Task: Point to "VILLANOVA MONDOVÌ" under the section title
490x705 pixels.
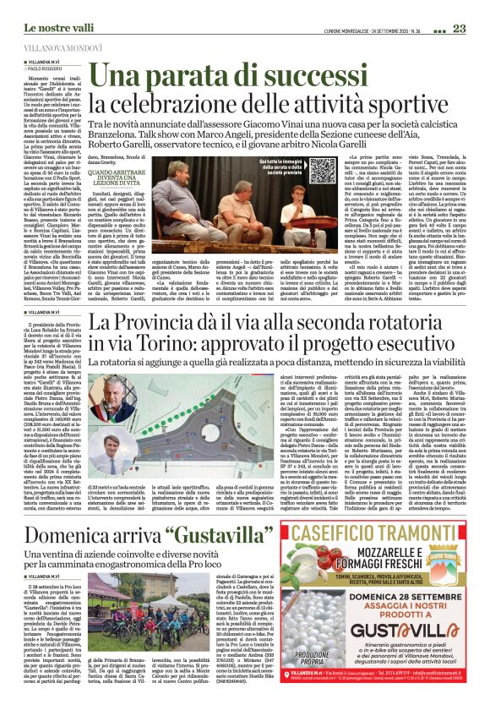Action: [x=63, y=48]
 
